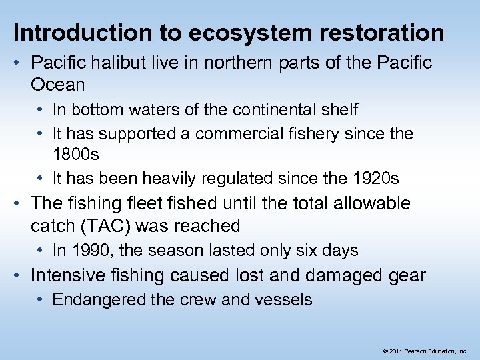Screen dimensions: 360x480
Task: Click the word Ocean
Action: (58, 85)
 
